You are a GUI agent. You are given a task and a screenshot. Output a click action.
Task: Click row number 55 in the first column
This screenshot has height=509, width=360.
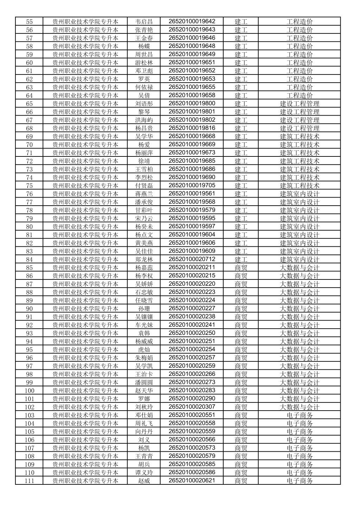tap(29, 22)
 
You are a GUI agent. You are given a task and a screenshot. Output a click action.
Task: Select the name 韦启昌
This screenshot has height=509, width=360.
tap(144, 22)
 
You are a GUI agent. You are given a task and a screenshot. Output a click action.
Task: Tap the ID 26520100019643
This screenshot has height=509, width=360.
tap(192, 30)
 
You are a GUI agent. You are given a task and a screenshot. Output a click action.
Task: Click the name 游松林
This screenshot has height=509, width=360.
tap(144, 63)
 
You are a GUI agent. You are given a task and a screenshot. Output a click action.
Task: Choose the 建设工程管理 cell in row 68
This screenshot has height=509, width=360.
tap(300, 128)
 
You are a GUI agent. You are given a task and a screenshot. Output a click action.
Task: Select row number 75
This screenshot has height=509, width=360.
tap(29, 186)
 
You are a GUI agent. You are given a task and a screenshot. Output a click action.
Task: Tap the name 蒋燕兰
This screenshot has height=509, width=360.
tap(144, 194)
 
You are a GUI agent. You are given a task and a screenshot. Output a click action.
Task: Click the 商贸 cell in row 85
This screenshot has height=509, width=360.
tap(241, 268)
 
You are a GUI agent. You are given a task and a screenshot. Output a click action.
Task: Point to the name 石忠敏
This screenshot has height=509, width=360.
tap(144, 292)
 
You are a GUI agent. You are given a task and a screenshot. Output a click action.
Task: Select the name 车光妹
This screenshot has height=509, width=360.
tap(144, 325)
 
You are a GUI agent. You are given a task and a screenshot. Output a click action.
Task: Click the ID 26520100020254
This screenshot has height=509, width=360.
tap(192, 349)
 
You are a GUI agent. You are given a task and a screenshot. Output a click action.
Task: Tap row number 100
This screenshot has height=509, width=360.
tap(29, 391)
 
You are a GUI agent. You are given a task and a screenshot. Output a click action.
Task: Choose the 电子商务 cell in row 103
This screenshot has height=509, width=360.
tap(300, 415)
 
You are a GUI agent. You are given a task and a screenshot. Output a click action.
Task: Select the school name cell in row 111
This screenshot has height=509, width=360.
tap(85, 481)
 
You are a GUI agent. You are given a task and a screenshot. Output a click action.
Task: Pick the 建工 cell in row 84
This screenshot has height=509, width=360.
tap(241, 259)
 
